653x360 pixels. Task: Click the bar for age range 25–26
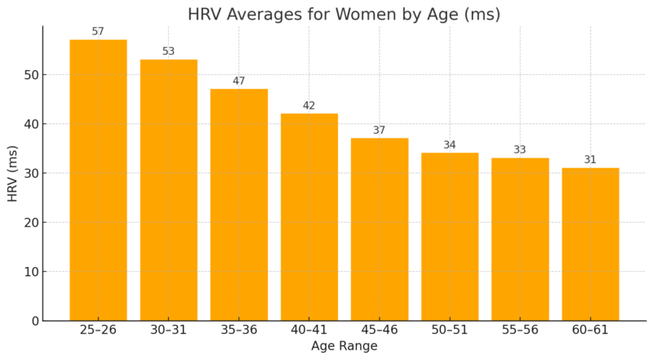click(x=98, y=180)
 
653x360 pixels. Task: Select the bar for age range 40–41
click(x=309, y=216)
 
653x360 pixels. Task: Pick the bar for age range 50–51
click(x=450, y=236)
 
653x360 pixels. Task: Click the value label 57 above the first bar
click(x=98, y=32)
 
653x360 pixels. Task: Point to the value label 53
click(x=168, y=51)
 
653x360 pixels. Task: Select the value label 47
click(x=238, y=81)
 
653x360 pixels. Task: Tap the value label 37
click(x=379, y=131)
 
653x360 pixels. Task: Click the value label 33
click(x=520, y=150)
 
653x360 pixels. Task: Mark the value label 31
click(x=590, y=160)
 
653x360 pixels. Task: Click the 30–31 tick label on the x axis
click(x=168, y=331)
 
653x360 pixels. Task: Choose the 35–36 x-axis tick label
click(x=238, y=331)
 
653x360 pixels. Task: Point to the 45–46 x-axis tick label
click(x=379, y=331)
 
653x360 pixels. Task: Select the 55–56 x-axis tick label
click(x=520, y=331)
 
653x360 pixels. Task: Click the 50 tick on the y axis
click(x=29, y=75)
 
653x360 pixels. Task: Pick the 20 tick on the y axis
click(x=29, y=223)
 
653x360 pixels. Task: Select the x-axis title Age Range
click(x=344, y=347)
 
